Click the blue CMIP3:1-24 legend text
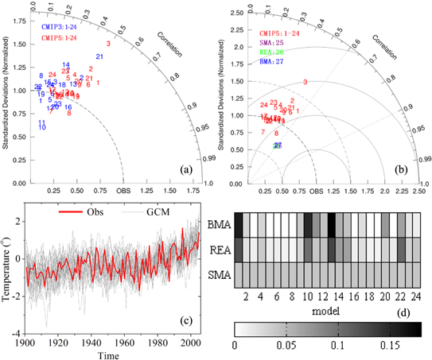tap(64, 28)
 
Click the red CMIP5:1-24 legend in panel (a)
tap(64, 37)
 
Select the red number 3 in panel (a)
tap(108, 43)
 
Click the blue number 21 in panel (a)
tap(99, 56)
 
